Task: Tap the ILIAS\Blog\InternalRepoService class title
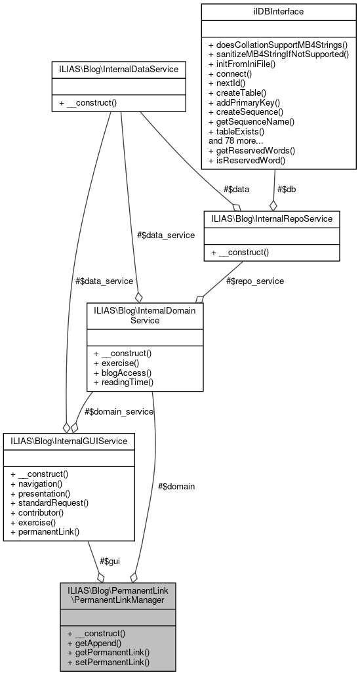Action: point(271,218)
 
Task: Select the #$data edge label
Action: point(236,189)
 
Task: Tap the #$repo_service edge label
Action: point(256,281)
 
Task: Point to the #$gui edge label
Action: point(110,561)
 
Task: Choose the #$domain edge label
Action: point(176,486)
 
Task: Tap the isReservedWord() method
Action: point(250,159)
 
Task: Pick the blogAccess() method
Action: point(122,373)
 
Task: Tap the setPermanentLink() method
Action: point(108,662)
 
